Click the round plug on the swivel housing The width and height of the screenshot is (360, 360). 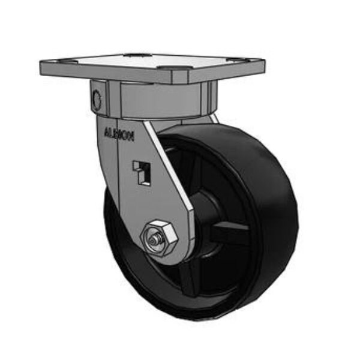97,97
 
